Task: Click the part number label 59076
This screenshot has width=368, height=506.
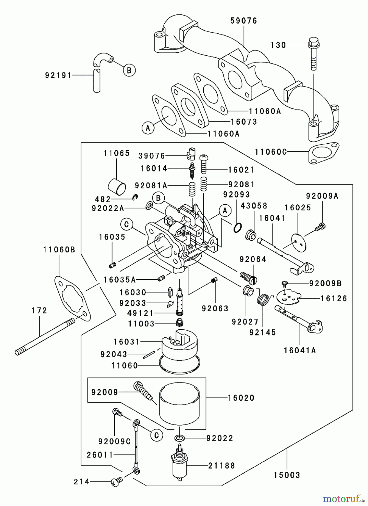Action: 244,21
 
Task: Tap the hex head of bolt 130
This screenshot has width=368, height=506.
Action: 314,43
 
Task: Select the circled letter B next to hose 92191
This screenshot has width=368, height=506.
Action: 129,70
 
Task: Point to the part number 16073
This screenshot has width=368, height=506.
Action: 244,122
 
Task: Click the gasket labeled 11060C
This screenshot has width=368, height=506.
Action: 324,153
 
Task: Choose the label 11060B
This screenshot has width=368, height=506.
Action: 59,249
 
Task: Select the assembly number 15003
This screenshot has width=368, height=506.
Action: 287,475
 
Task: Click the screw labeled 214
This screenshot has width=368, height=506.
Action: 116,482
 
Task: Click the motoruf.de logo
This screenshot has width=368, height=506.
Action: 343,498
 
